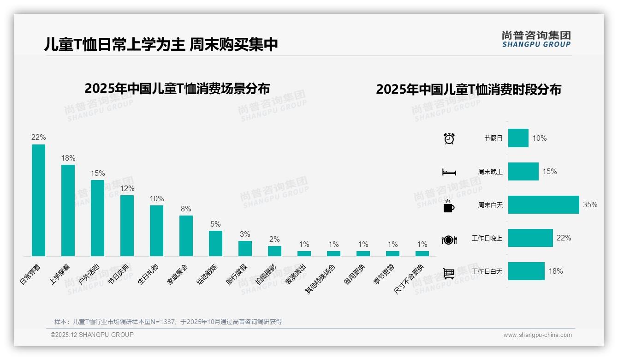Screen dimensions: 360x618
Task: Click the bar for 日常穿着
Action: (38, 200)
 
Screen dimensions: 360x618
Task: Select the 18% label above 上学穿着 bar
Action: (68, 158)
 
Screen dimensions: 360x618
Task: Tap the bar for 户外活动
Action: (97, 218)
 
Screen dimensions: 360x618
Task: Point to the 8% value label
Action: (186, 209)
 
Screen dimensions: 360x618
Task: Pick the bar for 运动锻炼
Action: (215, 243)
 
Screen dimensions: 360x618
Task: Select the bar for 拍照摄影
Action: (274, 251)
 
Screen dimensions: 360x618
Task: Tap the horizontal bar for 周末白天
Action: (543, 204)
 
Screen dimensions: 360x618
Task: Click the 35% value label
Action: (590, 204)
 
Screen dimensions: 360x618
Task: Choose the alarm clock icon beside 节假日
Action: (449, 138)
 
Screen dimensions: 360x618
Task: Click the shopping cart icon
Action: (449, 273)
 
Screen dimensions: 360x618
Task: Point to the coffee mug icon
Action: (449, 206)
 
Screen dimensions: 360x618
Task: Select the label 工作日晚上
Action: (487, 238)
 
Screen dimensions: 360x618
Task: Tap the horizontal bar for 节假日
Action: (518, 138)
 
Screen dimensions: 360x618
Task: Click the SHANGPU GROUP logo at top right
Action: (536, 39)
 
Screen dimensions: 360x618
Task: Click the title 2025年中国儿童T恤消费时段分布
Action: (468, 90)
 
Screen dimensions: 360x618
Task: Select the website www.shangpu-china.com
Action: (537, 335)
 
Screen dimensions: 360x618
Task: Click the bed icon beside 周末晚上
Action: (449, 172)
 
